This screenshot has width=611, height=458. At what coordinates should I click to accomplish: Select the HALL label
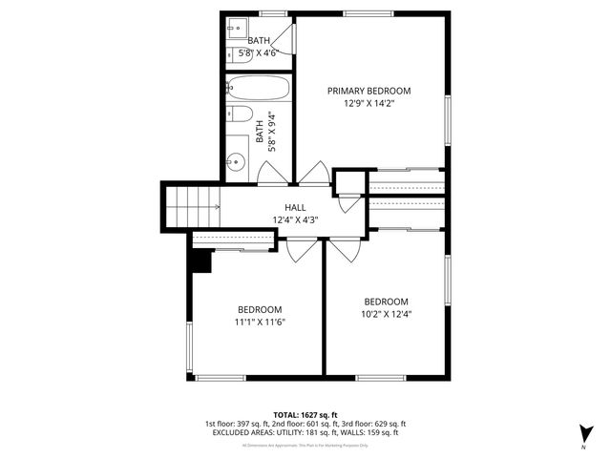(295, 207)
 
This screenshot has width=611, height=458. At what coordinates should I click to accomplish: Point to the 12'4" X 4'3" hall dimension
(295, 219)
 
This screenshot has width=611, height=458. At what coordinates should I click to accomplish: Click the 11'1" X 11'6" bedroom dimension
(260, 322)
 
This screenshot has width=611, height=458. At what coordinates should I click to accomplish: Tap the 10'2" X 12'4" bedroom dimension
(387, 313)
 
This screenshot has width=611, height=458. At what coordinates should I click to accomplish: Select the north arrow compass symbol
(583, 432)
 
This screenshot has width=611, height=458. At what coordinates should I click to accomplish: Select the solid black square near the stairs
(201, 260)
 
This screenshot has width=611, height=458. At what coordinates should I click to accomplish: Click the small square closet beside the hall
(348, 182)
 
